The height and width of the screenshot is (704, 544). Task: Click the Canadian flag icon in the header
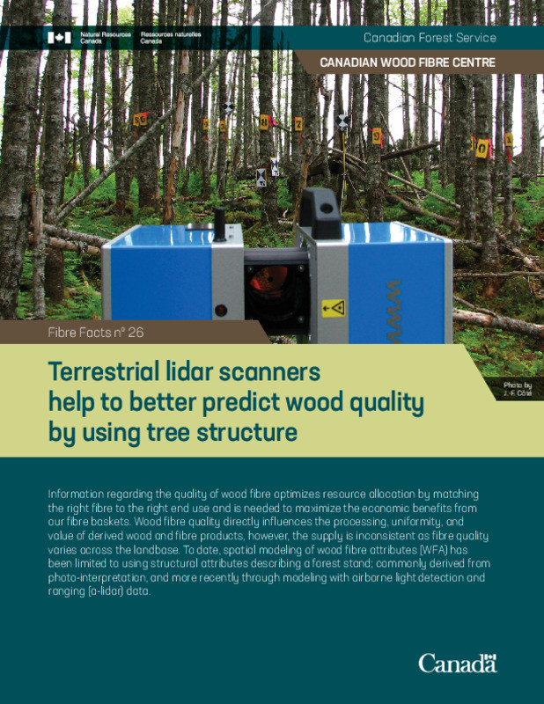pyautogui.click(x=59, y=38)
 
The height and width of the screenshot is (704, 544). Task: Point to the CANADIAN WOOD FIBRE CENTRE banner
pyautogui.click(x=407, y=63)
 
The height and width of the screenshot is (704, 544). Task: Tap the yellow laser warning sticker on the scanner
pyautogui.click(x=333, y=308)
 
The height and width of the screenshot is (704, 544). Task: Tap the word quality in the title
pyautogui.click(x=381, y=403)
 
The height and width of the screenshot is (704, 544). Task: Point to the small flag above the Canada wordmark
pyautogui.click(x=490, y=654)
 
